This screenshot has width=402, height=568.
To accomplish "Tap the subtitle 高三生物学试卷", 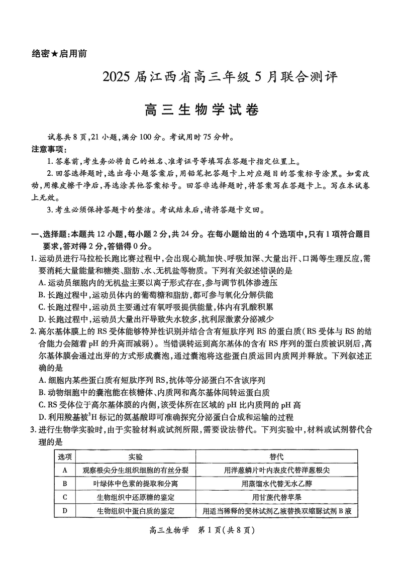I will click(201, 108).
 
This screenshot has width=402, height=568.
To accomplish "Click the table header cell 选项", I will click(65, 457).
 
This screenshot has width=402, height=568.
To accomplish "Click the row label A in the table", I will click(65, 470).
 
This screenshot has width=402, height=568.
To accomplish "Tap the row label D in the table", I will click(65, 511).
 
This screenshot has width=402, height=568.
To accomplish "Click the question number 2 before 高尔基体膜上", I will click(33, 330).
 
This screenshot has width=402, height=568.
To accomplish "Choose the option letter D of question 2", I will click(42, 417).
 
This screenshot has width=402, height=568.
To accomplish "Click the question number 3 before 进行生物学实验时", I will click(33, 429).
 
